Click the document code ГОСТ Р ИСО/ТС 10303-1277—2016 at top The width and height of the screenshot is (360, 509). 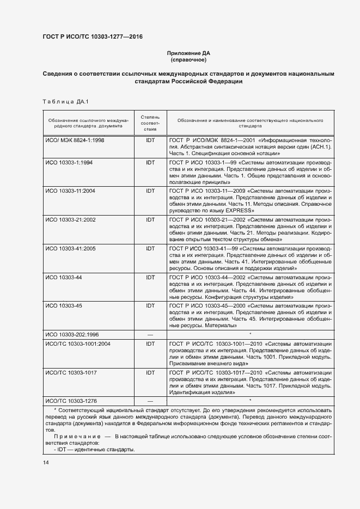[x=92, y=37]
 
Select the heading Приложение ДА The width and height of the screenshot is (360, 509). [x=188, y=53]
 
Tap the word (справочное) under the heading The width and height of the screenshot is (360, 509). [x=188, y=59]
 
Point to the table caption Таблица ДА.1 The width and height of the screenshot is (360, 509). [x=65, y=102]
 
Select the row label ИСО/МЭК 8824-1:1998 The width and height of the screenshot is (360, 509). [x=75, y=140]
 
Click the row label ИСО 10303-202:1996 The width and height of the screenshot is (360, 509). [x=72, y=334]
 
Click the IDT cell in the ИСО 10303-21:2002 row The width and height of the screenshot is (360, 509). [x=150, y=219]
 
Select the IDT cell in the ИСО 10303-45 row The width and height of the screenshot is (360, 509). [x=150, y=305]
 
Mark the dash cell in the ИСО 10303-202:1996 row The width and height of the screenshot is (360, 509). [x=150, y=334]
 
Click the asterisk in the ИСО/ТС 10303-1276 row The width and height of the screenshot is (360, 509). [x=250, y=401]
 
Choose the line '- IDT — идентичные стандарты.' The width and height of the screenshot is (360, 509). [x=94, y=450]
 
